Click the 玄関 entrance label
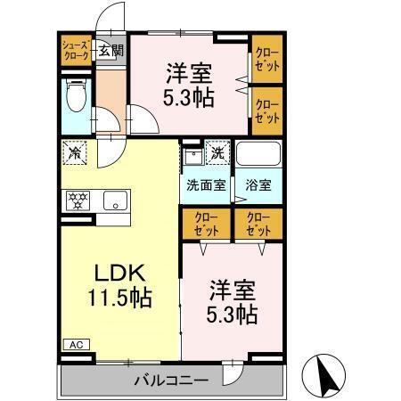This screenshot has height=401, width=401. click(x=111, y=51)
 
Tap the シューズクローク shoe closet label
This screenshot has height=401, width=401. click(x=75, y=50)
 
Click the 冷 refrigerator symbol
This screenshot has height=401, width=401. click(x=76, y=151)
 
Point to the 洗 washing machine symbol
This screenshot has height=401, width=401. click(x=217, y=152)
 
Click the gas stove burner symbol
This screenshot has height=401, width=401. click(x=77, y=200)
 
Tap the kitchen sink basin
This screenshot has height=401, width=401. click(x=113, y=200)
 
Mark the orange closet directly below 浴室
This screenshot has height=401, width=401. click(x=258, y=224)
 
